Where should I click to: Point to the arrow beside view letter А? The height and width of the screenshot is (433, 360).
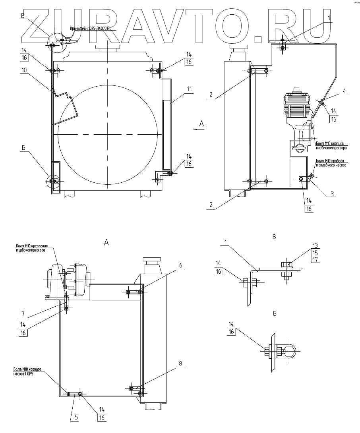click(196, 129)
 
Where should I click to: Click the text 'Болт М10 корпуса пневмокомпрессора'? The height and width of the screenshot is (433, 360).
click(331, 146)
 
